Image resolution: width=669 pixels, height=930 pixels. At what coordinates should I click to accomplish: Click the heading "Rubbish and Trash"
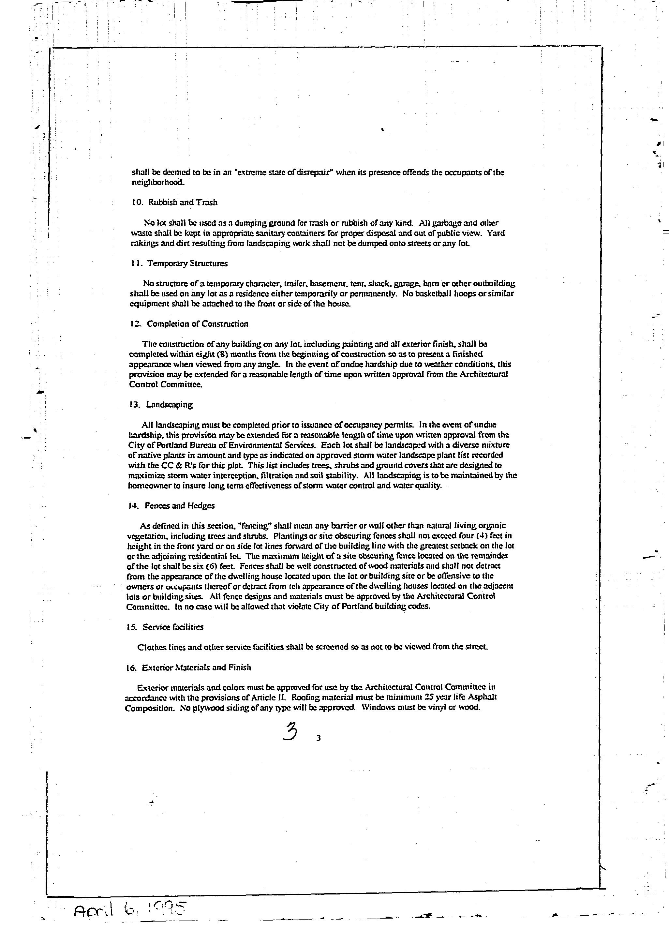pyautogui.click(x=183, y=202)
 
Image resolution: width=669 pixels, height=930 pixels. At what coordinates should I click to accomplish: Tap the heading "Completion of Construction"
pyautogui.click(x=197, y=324)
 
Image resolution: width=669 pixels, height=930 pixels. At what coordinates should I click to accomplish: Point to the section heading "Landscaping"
pyautogui.click(x=169, y=405)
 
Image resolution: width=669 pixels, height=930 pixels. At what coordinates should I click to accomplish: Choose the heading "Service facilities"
pyautogui.click(x=172, y=627)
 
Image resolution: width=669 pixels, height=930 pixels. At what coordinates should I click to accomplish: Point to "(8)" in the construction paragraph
pyautogui.click(x=222, y=354)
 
